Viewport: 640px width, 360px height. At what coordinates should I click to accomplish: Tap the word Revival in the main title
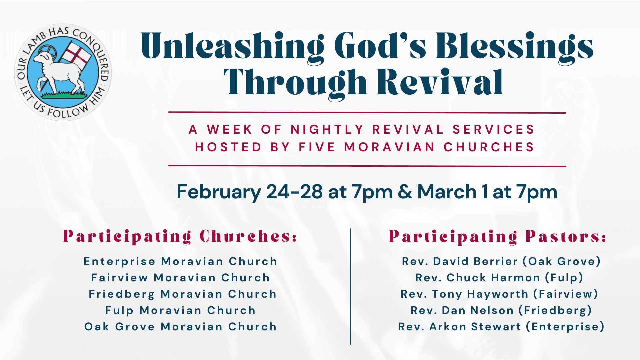(440, 82)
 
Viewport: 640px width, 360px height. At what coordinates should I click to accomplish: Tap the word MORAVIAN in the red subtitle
(389, 147)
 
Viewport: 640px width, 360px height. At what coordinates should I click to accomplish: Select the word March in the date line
(447, 192)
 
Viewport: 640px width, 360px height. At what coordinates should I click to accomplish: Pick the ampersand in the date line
(405, 192)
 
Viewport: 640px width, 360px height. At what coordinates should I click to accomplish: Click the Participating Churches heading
(180, 237)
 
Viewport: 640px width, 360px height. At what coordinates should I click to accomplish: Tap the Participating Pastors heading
(497, 237)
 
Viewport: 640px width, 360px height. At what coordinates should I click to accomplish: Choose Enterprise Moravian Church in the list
(180, 262)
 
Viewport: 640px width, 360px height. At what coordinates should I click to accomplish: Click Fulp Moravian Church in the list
(180, 310)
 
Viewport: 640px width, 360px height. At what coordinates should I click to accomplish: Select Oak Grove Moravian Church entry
(180, 327)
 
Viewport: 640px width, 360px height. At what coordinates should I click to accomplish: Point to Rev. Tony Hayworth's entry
(499, 294)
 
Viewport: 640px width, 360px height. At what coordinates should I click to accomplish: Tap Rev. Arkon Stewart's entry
(501, 327)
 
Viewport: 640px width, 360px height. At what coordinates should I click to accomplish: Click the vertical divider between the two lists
(351, 286)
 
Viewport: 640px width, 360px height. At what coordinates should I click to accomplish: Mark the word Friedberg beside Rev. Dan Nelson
(555, 310)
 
